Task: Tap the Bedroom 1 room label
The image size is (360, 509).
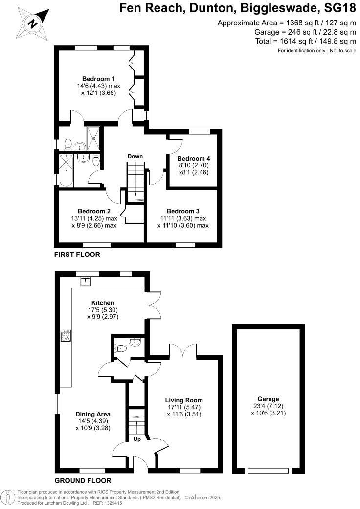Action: click(98, 79)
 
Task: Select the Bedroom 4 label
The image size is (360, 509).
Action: click(194, 159)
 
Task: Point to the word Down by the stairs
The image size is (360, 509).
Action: click(135, 156)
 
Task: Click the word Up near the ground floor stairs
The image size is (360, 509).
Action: click(137, 440)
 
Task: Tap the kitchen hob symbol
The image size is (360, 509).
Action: click(65, 335)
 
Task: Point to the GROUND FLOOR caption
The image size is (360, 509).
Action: click(83, 480)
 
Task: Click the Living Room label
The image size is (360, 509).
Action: click(183, 400)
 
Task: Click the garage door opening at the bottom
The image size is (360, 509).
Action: click(268, 471)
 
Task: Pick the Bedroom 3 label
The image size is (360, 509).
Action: click(183, 211)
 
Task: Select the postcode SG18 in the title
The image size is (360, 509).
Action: click(337, 8)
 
